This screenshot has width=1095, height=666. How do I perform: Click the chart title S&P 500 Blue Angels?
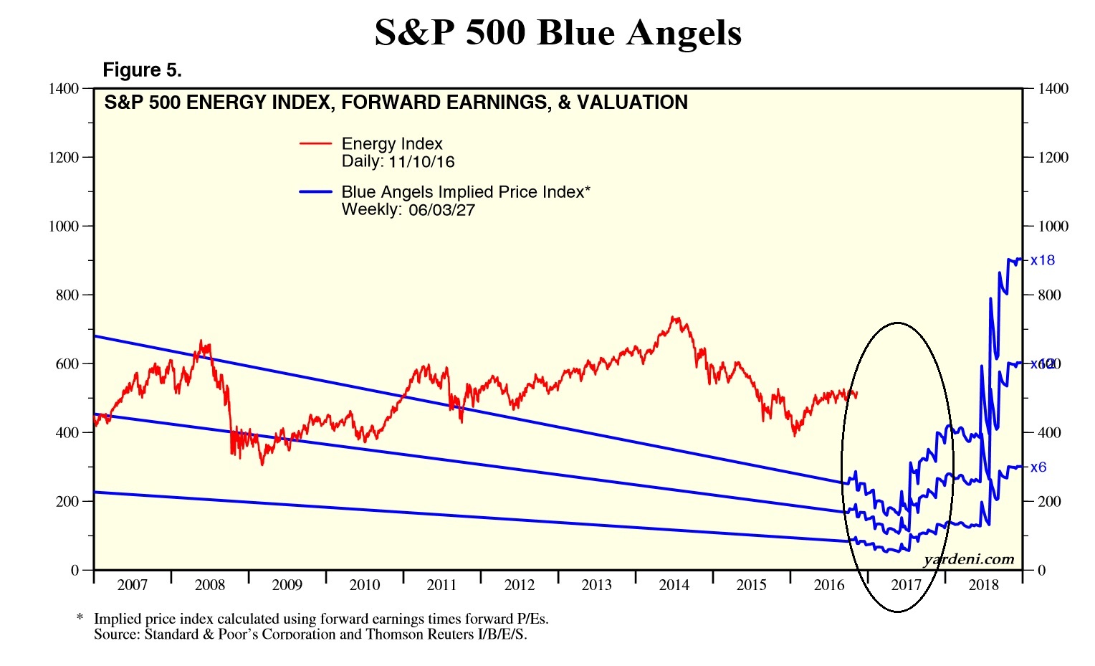coord(558,33)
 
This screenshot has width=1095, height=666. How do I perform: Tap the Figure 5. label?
coord(142,70)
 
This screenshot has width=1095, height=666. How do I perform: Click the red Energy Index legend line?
coord(315,144)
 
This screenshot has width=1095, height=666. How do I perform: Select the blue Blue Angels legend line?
coord(315,192)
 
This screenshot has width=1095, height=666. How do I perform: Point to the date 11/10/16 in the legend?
coord(421,162)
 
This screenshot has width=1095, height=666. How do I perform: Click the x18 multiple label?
coord(1043,260)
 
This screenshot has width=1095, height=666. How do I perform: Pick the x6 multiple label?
coord(1038,467)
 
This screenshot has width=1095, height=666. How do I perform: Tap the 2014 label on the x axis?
coord(674,585)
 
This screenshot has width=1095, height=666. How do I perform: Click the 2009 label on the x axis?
coord(287,585)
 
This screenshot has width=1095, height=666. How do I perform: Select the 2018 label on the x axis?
coord(983,585)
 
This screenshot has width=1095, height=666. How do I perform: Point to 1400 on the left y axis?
coord(64,89)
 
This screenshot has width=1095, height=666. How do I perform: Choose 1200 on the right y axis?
coord(1053,158)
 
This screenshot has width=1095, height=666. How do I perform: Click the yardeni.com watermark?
coord(969,559)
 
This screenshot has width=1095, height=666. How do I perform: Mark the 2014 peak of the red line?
coord(673,318)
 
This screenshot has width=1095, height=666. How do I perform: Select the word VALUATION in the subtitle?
coord(632,103)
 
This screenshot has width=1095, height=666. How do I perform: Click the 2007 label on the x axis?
coord(132,585)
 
